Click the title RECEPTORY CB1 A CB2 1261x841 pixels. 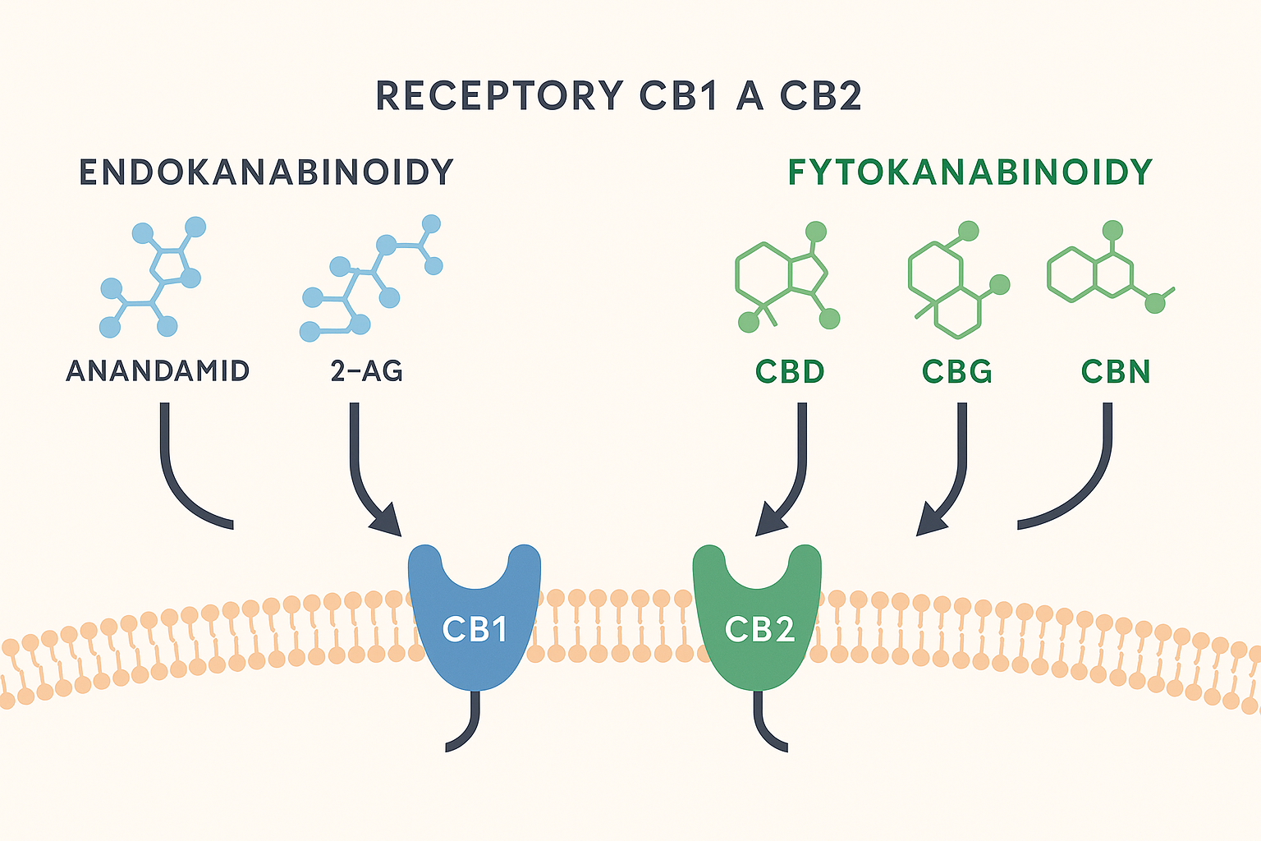[x=619, y=96]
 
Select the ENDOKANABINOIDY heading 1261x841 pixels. [x=266, y=172]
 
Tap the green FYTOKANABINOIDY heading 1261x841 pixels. [x=970, y=172]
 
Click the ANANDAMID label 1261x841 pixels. [x=158, y=371]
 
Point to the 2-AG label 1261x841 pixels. [x=367, y=371]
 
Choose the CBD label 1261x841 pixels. [x=790, y=371]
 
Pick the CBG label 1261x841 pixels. [x=957, y=371]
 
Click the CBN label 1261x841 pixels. [x=1116, y=371]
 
